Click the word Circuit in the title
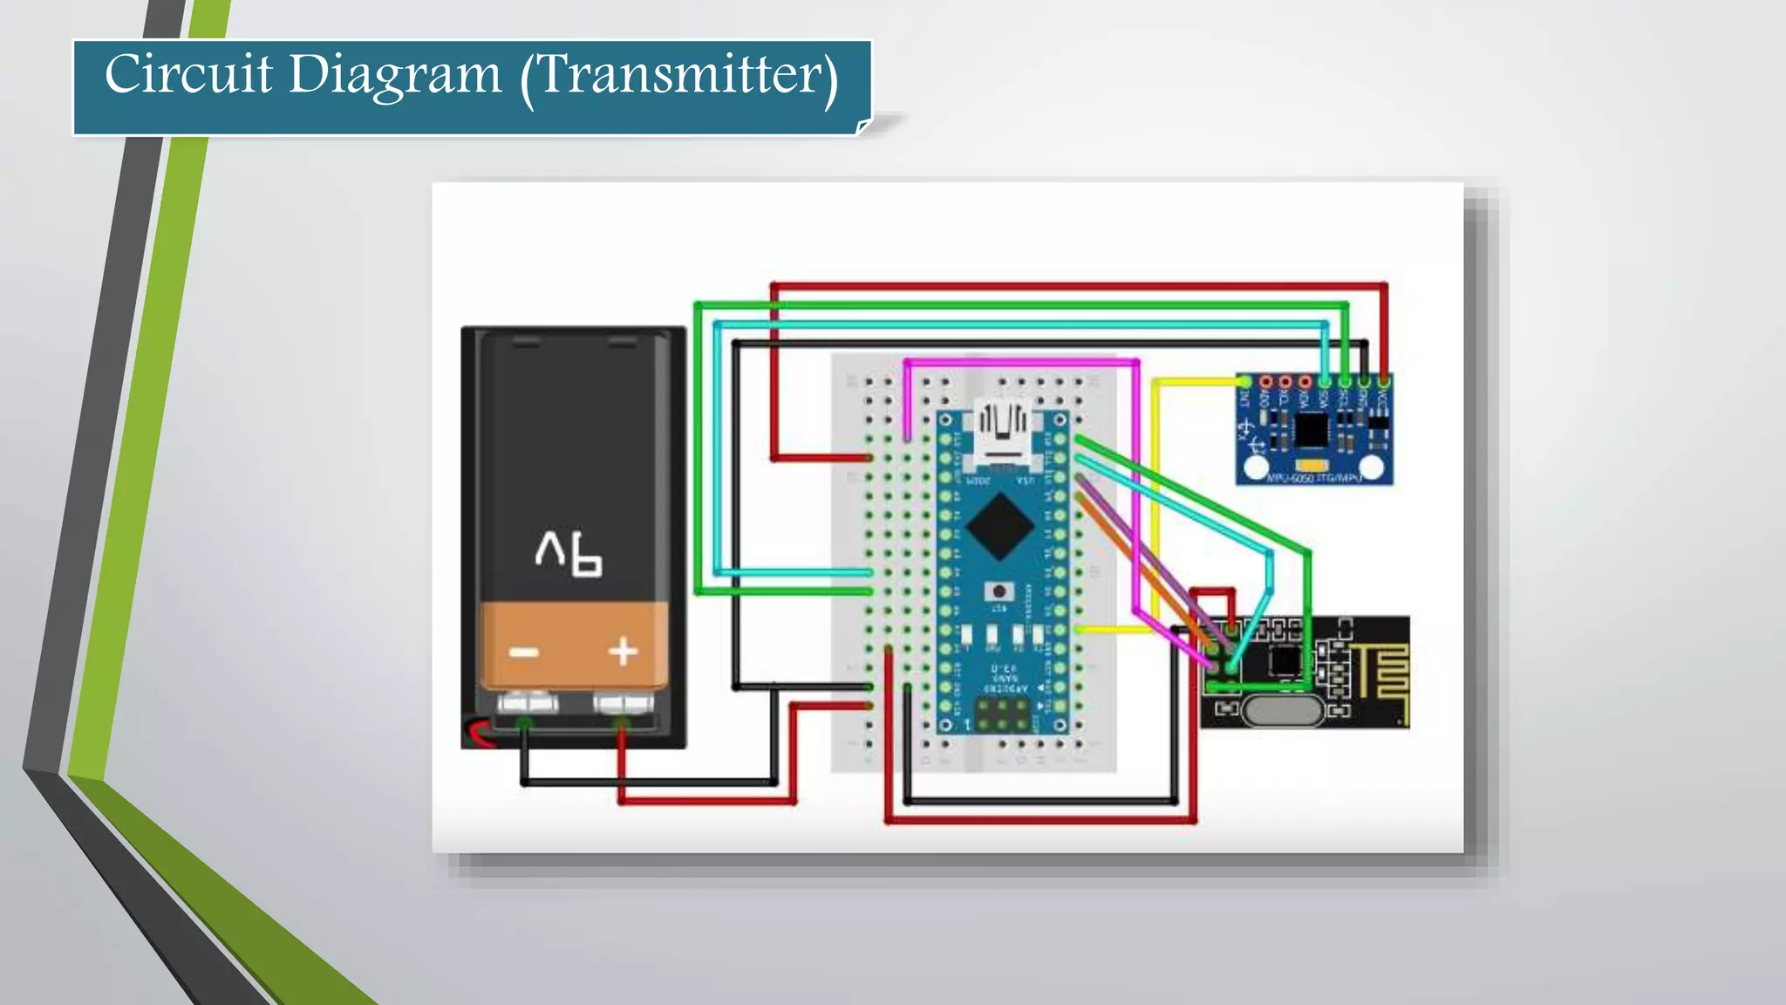pyautogui.click(x=188, y=74)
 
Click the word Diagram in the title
pyautogui.click(x=394, y=76)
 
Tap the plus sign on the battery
pyautogui.click(x=623, y=652)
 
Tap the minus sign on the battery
pyautogui.click(x=523, y=653)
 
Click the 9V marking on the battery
pyautogui.click(x=569, y=554)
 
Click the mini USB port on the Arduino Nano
pyautogui.click(x=1002, y=432)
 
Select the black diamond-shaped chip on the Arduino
pyautogui.click(x=1000, y=526)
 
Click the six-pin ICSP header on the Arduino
pyautogui.click(x=1001, y=714)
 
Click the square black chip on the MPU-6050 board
pyautogui.click(x=1311, y=429)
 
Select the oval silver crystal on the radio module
pyautogui.click(x=1281, y=711)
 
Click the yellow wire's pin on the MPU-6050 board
pyautogui.click(x=1244, y=382)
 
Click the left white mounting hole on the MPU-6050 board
pyautogui.click(x=1256, y=468)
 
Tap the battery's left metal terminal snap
pyautogui.click(x=528, y=701)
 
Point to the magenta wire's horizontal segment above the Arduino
pyautogui.click(x=1020, y=362)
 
